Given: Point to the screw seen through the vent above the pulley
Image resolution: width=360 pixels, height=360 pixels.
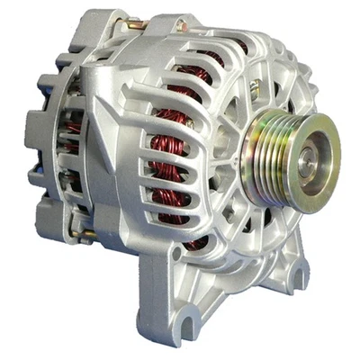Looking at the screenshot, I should [x=255, y=86].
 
